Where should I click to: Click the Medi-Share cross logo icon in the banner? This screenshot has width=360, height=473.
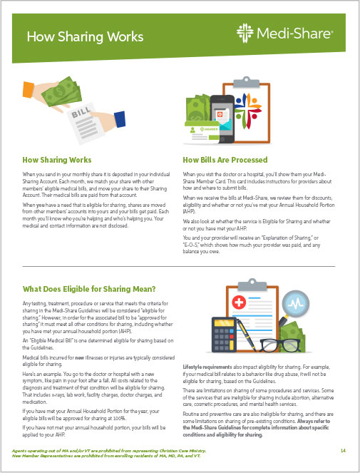pos(245,34)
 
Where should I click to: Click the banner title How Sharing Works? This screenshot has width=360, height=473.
pos(85,36)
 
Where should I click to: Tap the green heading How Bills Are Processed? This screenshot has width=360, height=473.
pos(225,160)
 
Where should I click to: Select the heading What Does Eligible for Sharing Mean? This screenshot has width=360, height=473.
pos(89,289)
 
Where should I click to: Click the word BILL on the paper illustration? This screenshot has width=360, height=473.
pos(81,112)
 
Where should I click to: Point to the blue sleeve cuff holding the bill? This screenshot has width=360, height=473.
pos(120,119)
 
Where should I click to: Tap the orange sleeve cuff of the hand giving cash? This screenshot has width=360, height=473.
pos(29,90)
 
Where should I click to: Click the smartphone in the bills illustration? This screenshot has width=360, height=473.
pos(222,119)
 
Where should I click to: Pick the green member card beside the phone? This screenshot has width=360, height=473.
pos(202,132)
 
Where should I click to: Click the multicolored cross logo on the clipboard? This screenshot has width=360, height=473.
pos(248,111)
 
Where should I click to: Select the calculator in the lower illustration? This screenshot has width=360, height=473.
pos(224,335)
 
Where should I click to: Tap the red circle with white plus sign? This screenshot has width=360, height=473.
pos(239,302)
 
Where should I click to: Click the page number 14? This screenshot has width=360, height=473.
pos(343,450)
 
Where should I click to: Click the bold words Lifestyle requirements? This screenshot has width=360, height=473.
pos(207,367)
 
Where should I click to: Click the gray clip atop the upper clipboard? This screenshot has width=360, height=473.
pos(247,82)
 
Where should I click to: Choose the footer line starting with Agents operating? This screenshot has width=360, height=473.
pos(109,451)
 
